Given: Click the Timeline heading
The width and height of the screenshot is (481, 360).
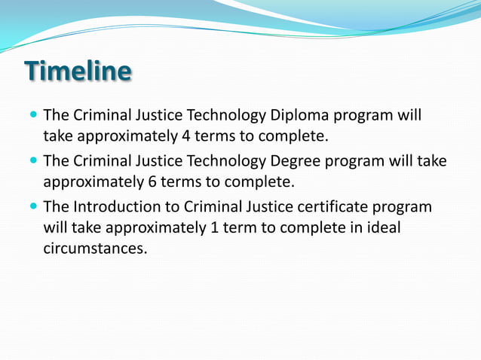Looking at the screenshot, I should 78,72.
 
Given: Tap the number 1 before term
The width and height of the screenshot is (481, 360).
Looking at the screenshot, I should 210,227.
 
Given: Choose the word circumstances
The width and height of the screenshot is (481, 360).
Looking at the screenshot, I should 94,247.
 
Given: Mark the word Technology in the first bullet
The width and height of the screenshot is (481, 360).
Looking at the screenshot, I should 228,116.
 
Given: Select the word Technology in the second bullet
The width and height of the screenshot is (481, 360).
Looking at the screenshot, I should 228,161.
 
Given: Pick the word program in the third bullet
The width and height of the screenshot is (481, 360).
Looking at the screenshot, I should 404,206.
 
